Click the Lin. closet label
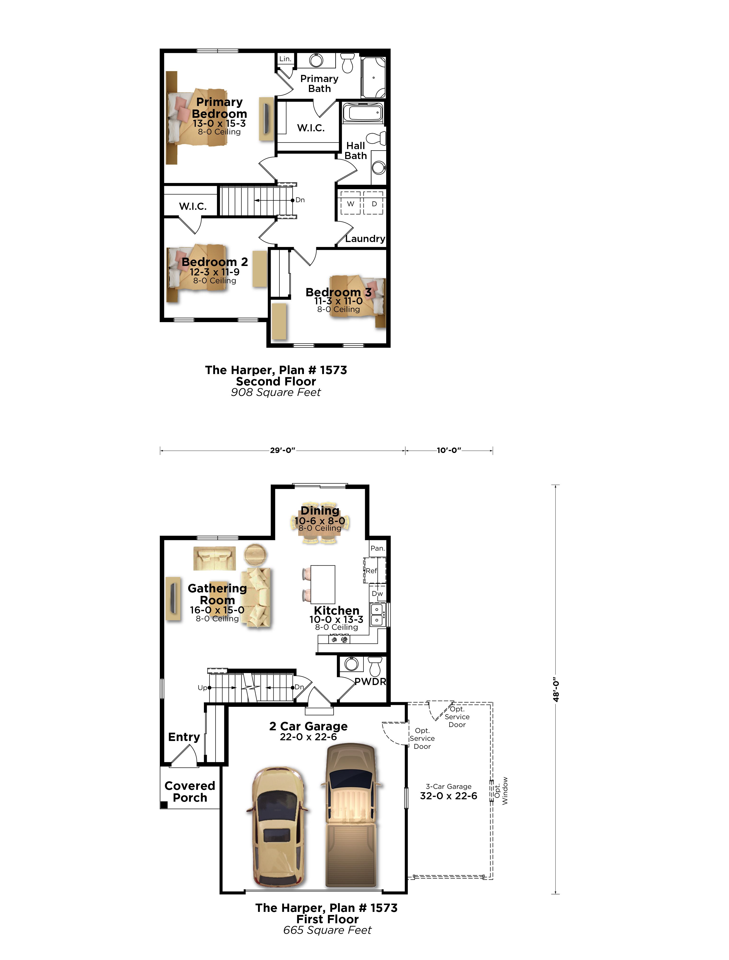tap(285, 59)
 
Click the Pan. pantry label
tap(378, 548)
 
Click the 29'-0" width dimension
tap(283, 450)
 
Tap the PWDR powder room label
tap(370, 681)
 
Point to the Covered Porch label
tap(190, 792)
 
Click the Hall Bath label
tap(356, 151)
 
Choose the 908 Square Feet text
tap(276, 392)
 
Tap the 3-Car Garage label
tap(449, 786)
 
